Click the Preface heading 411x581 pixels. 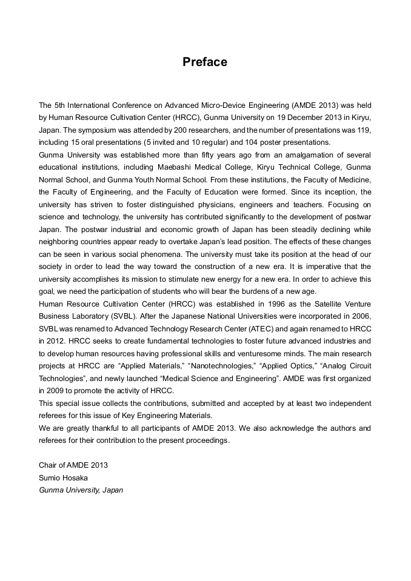click(x=205, y=62)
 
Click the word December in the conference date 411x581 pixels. click(x=276, y=118)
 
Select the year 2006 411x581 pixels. click(x=361, y=316)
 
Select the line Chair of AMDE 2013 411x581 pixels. click(x=73, y=465)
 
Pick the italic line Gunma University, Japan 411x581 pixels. click(x=81, y=490)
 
